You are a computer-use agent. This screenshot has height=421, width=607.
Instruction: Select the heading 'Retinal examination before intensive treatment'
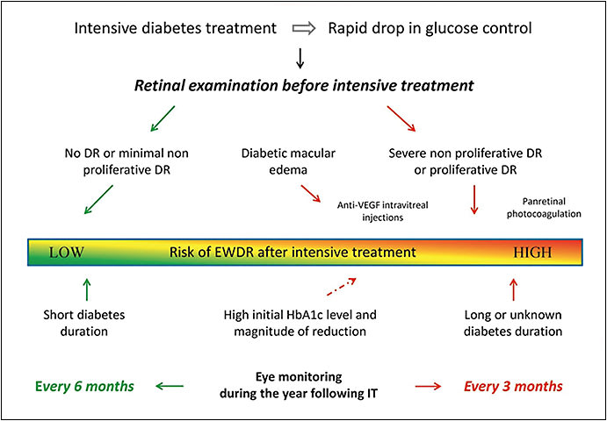pos(303,86)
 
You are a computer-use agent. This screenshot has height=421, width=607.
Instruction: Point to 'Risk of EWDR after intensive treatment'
pos(293,253)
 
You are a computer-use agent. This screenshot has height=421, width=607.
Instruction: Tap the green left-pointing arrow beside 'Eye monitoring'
pos(171,384)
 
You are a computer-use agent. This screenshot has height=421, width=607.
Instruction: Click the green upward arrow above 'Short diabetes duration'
pos(86,288)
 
